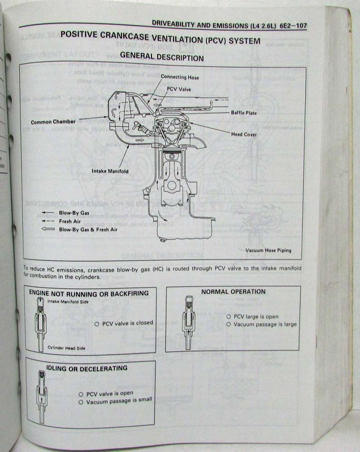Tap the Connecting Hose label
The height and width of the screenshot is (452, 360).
coord(180,77)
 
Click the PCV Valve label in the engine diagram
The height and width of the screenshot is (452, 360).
coord(179,89)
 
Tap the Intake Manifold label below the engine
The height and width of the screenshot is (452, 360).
coord(110,171)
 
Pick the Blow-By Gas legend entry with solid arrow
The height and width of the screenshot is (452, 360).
coord(74,213)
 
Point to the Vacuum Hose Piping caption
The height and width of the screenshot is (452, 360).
coord(268,250)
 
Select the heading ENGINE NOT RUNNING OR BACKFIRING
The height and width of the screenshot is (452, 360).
coord(89,293)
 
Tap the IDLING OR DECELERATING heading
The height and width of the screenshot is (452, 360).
coord(87,368)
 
